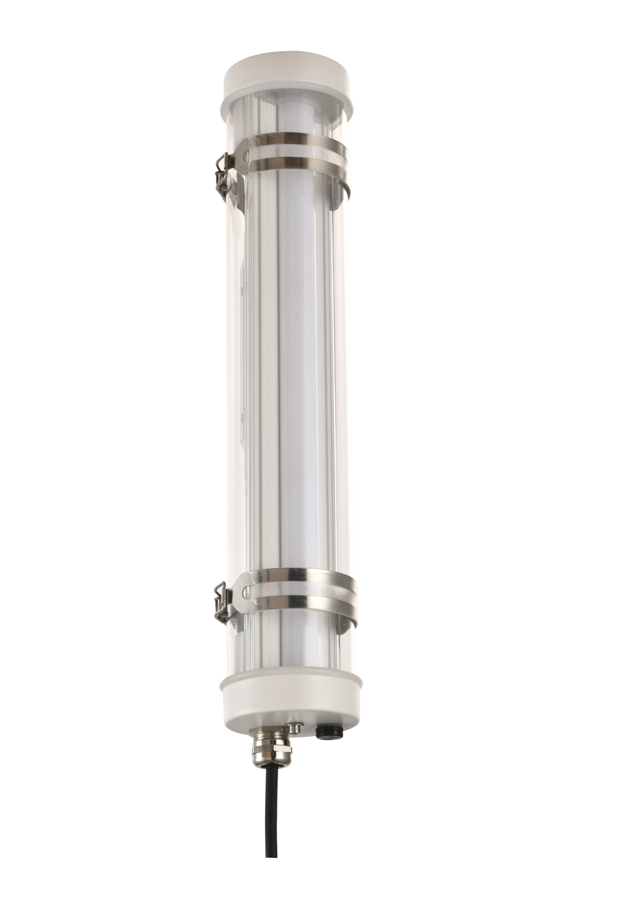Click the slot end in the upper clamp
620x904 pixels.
coord(246,156)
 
